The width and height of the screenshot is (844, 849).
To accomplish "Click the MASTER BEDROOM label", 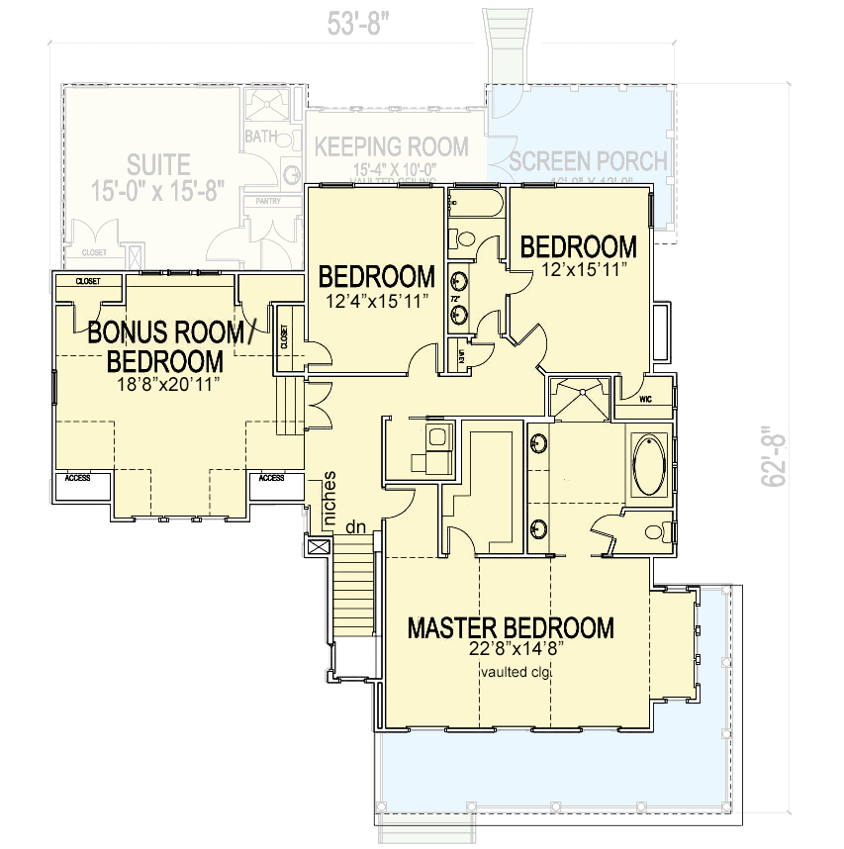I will tap(511, 628).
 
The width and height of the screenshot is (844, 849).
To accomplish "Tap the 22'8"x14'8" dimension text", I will tap(511, 650).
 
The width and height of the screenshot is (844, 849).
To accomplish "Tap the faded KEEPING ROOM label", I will tap(392, 147).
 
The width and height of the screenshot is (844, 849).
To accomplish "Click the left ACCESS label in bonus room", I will tap(77, 478).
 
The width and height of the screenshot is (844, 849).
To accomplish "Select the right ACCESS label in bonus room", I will tap(272, 478).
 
